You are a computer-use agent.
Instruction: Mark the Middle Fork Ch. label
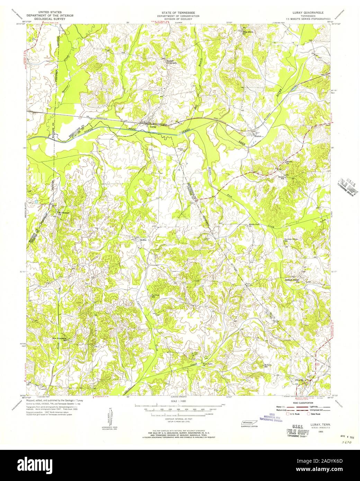click(254, 225)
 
